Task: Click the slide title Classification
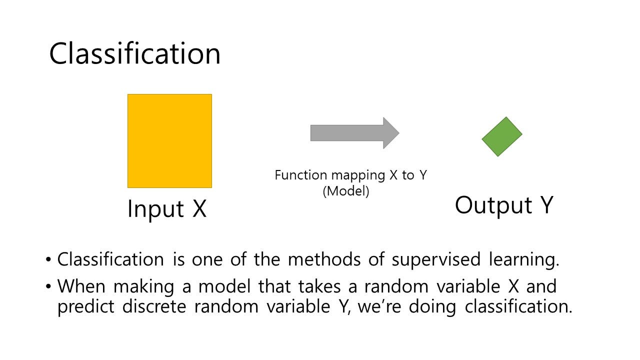134,53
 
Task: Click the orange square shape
169,140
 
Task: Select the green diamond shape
502,136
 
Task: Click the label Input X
166,208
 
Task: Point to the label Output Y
503,205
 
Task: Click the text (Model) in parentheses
346,191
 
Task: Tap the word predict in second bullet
86,306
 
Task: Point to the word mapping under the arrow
353,175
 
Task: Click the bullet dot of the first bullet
48,260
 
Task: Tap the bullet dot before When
48,287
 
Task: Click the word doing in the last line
432,306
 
